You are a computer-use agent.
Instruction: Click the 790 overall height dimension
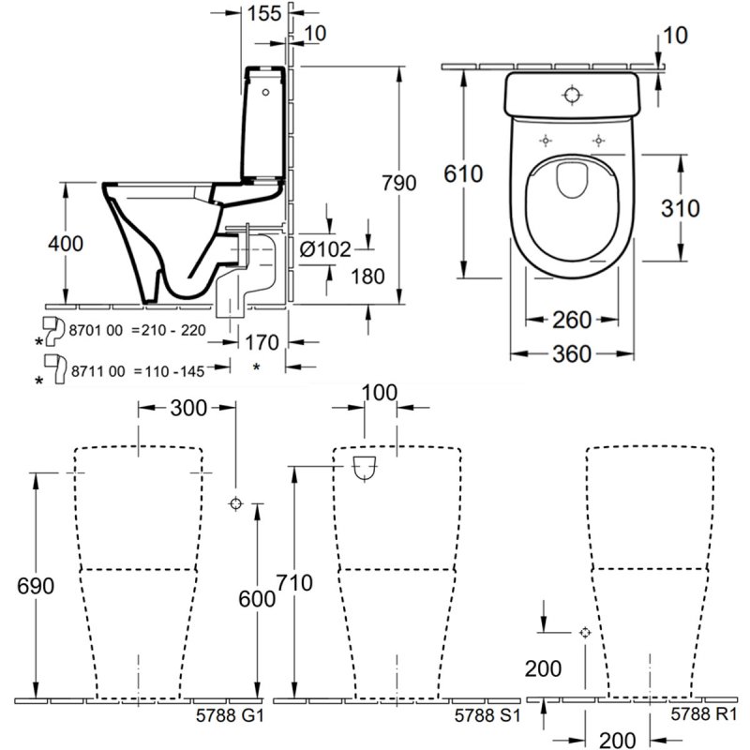coord(399,184)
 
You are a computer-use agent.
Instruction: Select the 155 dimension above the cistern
coord(267,13)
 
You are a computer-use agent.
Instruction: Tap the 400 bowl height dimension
coord(65,244)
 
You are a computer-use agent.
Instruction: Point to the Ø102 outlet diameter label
coord(326,248)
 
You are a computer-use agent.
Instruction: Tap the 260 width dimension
coord(572,321)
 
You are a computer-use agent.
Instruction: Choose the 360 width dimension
coord(572,354)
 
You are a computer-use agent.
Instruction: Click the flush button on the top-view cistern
coord(573,94)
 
